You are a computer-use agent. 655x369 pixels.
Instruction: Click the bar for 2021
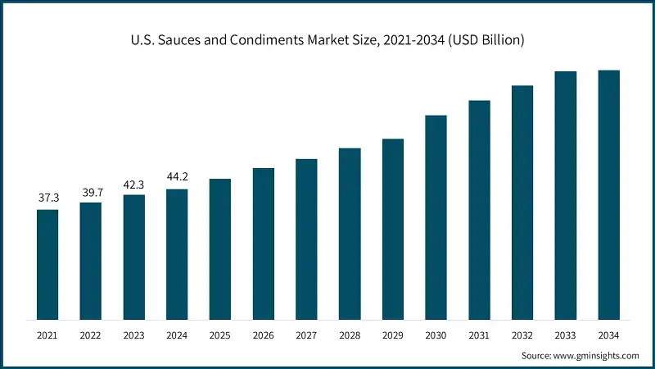[x=47, y=264]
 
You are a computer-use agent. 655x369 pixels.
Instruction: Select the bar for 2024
[x=177, y=254]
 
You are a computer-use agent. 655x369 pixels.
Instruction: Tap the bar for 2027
[x=306, y=239]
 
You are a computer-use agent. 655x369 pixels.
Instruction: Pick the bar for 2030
[x=436, y=217]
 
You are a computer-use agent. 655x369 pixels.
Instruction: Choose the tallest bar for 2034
[x=608, y=194]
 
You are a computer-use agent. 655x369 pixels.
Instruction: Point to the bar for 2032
[x=522, y=203]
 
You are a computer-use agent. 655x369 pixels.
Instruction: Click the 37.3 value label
[x=47, y=198]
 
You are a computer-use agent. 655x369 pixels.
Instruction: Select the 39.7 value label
[x=91, y=192]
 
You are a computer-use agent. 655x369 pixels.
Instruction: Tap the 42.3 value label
[x=134, y=184]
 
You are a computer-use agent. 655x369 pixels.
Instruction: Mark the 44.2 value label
[x=177, y=178]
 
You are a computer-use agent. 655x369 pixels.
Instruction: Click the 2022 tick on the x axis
[x=91, y=335]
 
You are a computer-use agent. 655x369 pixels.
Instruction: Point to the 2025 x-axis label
[x=220, y=335]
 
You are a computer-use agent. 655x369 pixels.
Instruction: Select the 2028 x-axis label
[x=350, y=335]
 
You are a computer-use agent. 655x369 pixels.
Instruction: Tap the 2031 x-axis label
[x=479, y=335]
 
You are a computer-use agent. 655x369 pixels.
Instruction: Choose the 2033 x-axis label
[x=566, y=335]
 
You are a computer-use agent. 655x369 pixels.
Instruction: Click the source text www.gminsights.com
[x=597, y=355]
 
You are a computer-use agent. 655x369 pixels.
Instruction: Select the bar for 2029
[x=393, y=229]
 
